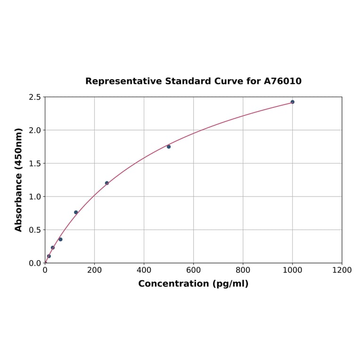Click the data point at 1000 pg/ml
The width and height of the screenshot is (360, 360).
coord(292,102)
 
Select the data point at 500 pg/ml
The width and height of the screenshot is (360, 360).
coord(169,147)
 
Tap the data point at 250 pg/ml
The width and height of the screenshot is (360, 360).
coord(107,183)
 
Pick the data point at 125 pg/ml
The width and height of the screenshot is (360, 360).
coord(76,213)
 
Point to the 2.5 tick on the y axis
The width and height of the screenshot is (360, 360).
coord(35,97)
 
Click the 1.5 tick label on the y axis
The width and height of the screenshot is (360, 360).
coord(35,164)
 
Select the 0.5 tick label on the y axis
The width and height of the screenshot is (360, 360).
coord(35,230)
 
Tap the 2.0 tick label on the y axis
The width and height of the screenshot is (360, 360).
coord(35,130)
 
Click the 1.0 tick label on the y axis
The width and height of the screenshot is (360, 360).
coord(35,196)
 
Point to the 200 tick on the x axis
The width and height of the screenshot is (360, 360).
coord(94,270)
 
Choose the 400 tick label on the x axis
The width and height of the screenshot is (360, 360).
coord(144,270)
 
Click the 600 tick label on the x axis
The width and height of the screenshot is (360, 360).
coord(193,270)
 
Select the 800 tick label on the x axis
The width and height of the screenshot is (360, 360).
coord(243,270)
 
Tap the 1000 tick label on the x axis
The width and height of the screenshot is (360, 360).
coord(292,270)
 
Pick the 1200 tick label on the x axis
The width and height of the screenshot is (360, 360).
coord(342,270)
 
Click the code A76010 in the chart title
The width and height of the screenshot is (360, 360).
coord(282,82)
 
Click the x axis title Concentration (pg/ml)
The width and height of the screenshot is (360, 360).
coord(193,284)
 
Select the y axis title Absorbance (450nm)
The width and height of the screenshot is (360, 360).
coord(19,180)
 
